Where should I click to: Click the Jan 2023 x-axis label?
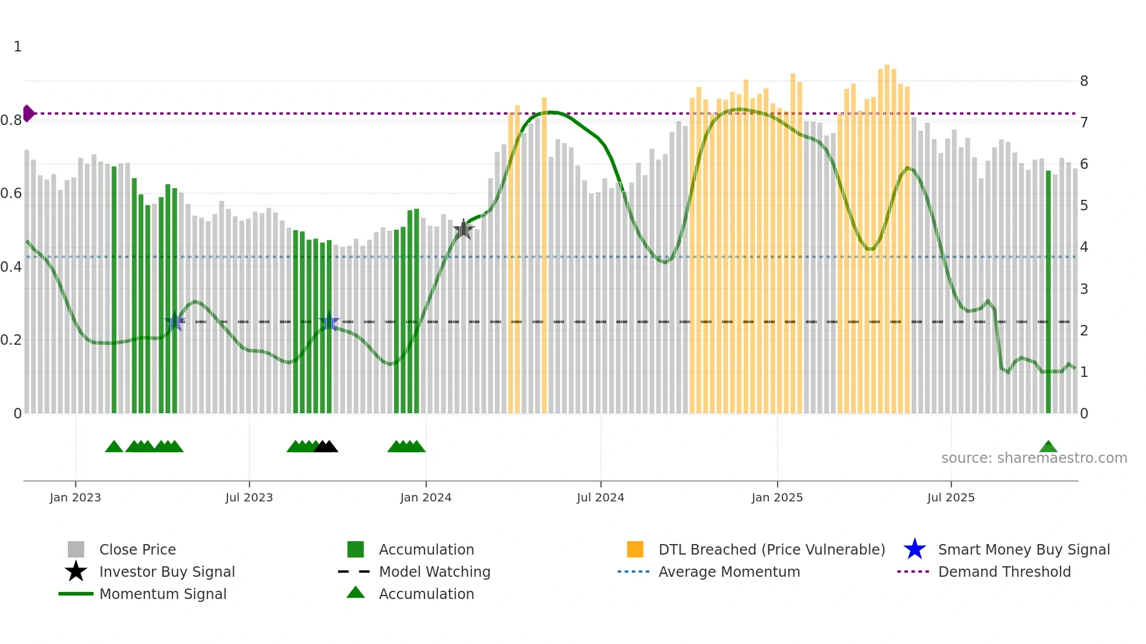click(x=75, y=497)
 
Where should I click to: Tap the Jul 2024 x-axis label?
click(x=600, y=497)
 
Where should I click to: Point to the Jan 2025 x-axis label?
click(x=777, y=497)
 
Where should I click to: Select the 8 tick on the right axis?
click(x=1083, y=81)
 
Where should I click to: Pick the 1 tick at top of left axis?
click(x=18, y=47)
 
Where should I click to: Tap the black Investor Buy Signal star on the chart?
click(x=464, y=230)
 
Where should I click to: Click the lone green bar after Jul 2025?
click(x=1048, y=292)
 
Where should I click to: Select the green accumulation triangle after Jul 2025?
click(x=1048, y=447)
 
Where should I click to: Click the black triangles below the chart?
click(x=326, y=447)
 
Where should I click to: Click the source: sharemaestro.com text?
click(x=1034, y=458)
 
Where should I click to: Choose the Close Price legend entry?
click(x=137, y=549)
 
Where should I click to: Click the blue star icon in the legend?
click(x=914, y=549)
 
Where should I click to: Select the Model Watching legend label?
click(x=434, y=572)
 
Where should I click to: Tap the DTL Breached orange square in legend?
click(x=635, y=549)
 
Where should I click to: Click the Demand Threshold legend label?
click(x=1004, y=572)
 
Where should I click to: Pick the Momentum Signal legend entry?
click(x=163, y=594)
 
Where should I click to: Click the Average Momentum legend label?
click(x=729, y=572)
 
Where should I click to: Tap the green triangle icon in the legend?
click(x=355, y=593)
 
